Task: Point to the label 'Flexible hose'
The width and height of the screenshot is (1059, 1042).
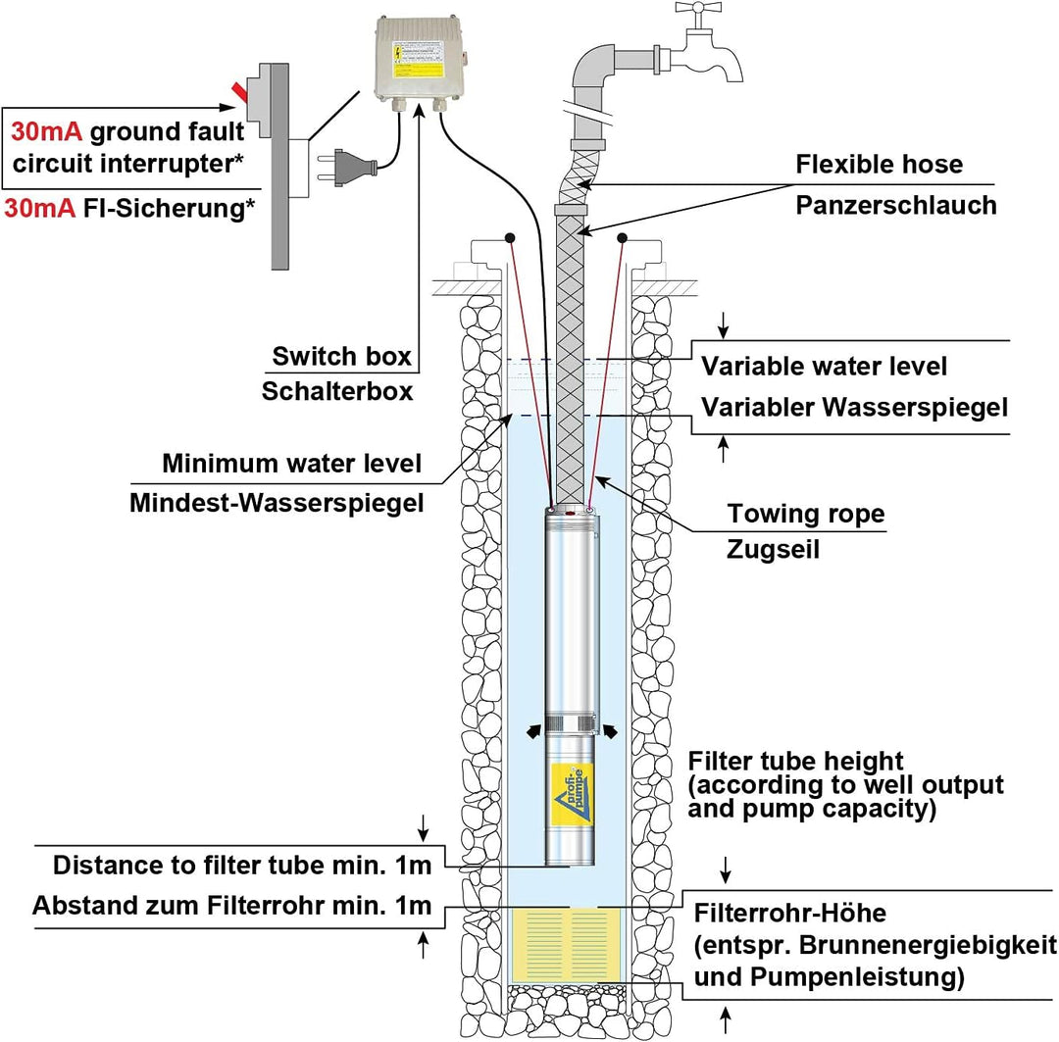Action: tap(879, 164)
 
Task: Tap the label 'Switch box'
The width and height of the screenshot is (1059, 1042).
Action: tap(341, 356)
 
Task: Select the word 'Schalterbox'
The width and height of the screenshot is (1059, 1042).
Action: tap(336, 392)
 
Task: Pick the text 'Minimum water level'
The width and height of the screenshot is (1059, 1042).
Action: tap(292, 463)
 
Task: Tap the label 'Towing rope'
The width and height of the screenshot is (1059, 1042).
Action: tap(806, 514)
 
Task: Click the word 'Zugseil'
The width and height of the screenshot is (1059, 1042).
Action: tap(774, 550)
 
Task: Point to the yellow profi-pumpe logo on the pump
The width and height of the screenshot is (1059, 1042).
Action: tap(570, 789)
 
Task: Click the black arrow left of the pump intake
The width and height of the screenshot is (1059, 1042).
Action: tap(532, 730)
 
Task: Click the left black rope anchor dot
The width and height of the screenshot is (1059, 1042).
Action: tap(511, 238)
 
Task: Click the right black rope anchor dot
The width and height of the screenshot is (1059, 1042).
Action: tap(622, 237)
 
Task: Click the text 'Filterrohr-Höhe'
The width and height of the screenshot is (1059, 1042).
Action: tap(790, 915)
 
